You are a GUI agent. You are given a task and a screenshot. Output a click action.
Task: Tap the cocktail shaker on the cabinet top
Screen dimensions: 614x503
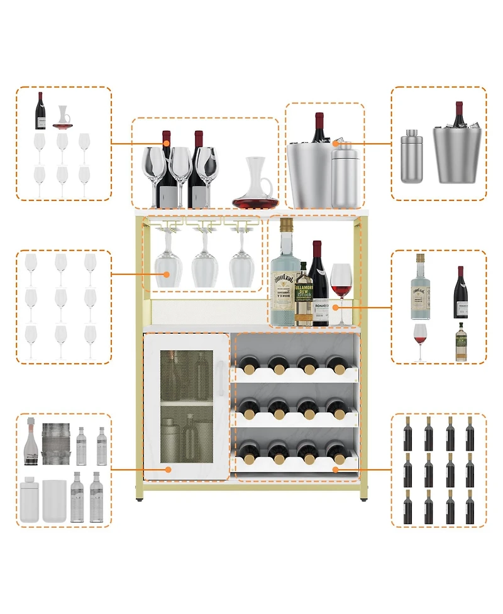point(344,175)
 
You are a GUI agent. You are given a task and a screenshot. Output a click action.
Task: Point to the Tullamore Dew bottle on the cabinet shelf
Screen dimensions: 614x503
point(304,295)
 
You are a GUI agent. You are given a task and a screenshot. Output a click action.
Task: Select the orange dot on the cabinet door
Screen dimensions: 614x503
point(168,468)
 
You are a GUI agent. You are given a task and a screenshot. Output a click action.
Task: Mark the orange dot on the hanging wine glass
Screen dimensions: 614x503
point(167,274)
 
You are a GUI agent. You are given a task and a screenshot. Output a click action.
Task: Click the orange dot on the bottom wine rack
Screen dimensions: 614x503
point(335,469)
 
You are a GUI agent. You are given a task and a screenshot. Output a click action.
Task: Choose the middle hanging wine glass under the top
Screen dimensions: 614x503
point(204,261)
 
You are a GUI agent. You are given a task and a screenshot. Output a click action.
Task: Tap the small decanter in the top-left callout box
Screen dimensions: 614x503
point(62,118)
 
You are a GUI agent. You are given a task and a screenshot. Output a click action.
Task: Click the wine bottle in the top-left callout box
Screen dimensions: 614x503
point(40,111)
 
